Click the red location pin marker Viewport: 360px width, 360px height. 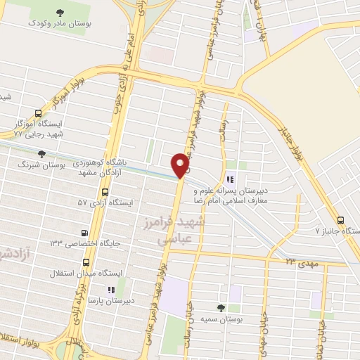[x=181, y=165]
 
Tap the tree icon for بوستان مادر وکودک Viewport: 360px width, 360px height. [x=58, y=12]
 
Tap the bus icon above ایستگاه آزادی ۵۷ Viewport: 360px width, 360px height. [x=105, y=192]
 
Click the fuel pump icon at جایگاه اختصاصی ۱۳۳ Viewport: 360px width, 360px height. [x=85, y=233]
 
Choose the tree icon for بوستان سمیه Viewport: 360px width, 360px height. [x=221, y=307]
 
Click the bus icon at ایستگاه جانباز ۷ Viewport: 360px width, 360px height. [x=340, y=219]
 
